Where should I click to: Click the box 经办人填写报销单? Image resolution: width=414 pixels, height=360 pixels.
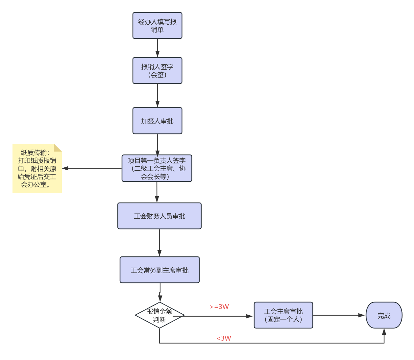click(157, 26)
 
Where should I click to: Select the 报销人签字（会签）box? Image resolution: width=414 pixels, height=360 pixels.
click(157, 71)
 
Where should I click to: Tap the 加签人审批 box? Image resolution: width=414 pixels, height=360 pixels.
click(157, 121)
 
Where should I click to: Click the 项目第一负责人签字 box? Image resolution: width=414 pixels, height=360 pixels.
click(157, 168)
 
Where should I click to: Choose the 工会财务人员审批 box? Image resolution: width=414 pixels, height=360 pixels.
click(159, 216)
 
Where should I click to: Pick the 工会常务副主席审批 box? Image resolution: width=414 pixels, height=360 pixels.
click(159, 270)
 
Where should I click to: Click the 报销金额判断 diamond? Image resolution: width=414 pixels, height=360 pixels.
click(159, 315)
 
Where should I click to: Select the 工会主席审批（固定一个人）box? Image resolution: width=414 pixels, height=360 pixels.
click(283, 315)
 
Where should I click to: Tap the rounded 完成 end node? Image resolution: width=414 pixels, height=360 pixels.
click(384, 315)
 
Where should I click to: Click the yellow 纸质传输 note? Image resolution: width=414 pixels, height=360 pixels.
click(37, 168)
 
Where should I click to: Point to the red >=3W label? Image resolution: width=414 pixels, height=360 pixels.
click(219, 307)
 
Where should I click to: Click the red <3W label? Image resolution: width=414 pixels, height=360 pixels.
click(224, 338)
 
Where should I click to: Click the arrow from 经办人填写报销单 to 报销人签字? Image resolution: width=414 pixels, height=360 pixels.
click(157, 48)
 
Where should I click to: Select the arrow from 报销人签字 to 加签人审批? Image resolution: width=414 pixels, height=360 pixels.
click(157, 95)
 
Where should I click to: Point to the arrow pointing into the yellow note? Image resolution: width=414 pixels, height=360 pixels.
click(92, 168)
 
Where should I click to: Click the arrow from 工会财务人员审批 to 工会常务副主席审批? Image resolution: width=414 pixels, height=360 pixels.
click(159, 243)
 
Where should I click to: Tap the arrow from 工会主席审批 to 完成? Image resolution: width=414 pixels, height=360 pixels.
click(339, 315)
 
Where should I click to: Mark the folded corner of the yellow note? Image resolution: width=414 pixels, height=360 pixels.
click(58, 148)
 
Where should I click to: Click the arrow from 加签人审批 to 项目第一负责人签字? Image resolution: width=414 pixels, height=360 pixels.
click(157, 144)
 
